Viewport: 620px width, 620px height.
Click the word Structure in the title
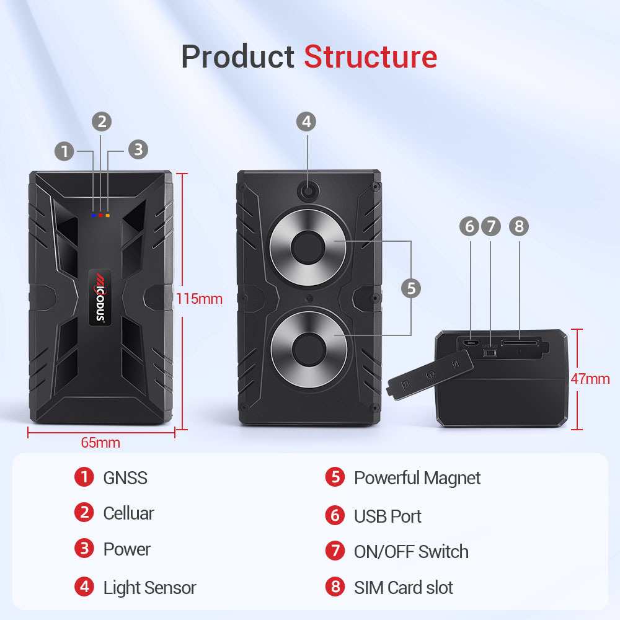tap(370, 57)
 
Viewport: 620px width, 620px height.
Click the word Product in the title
tap(237, 57)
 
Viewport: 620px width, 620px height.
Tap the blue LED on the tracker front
tap(94, 216)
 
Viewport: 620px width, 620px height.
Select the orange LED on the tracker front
tap(107, 216)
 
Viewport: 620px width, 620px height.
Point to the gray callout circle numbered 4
tap(306, 122)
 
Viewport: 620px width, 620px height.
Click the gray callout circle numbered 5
tap(410, 288)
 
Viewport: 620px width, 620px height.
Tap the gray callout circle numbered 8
tap(518, 226)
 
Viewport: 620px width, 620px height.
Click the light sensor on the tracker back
tap(308, 193)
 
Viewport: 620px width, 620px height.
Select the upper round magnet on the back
tap(308, 248)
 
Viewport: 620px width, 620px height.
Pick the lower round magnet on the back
tap(308, 350)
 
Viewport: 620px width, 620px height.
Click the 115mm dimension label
tap(199, 298)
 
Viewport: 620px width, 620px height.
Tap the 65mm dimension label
tap(100, 443)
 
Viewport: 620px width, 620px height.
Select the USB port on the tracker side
tap(471, 343)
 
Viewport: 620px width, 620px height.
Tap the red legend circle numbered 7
tap(335, 551)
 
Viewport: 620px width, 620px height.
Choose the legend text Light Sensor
tap(149, 587)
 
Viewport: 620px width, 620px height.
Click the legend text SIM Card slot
tap(403, 587)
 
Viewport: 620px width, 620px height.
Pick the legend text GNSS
tap(125, 477)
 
